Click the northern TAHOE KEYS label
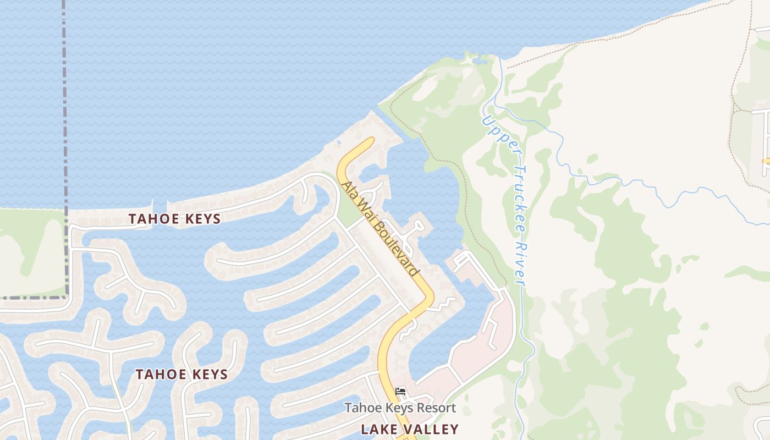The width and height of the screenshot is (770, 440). tap(174, 219)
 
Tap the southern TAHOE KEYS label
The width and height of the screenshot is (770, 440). tap(182, 375)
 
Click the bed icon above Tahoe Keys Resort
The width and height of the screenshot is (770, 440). tap(400, 392)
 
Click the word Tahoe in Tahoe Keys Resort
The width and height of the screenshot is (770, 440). tap(361, 408)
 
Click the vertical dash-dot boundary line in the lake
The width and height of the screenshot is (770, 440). tap(65, 110)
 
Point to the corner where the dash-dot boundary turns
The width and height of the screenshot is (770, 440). tap(67, 297)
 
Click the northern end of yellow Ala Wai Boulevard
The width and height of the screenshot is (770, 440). tap(370, 141)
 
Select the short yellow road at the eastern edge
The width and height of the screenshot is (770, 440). tap(766, 161)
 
